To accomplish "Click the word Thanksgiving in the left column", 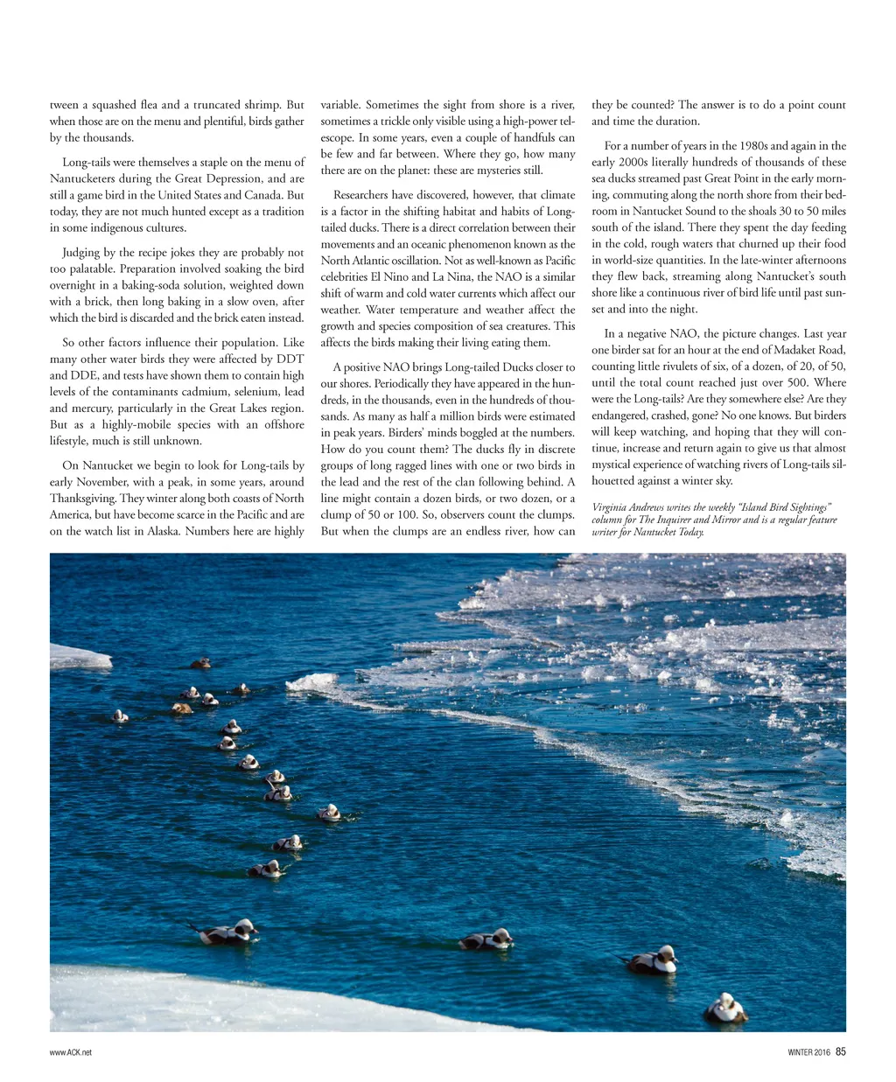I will pyautogui.click(x=84, y=499).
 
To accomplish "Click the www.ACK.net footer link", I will pyautogui.click(x=71, y=1052).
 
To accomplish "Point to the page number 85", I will pyautogui.click(x=840, y=1052).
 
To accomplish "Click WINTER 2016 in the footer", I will pyautogui.click(x=803, y=1052).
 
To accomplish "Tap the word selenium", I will pyautogui.click(x=252, y=392).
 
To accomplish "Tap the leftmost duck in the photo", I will pyautogui.click(x=120, y=716).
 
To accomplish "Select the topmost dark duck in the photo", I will pyautogui.click(x=200, y=663).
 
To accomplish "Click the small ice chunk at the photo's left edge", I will pyautogui.click(x=79, y=657).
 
